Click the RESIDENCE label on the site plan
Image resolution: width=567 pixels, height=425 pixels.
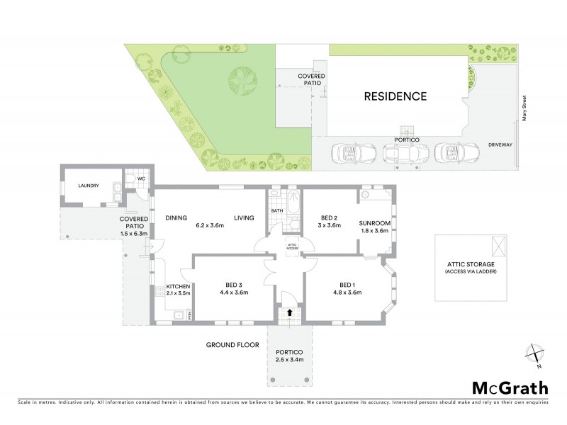(395, 96)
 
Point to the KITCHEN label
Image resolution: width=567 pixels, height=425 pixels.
(178, 286)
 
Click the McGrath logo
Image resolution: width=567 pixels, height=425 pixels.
(510, 387)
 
